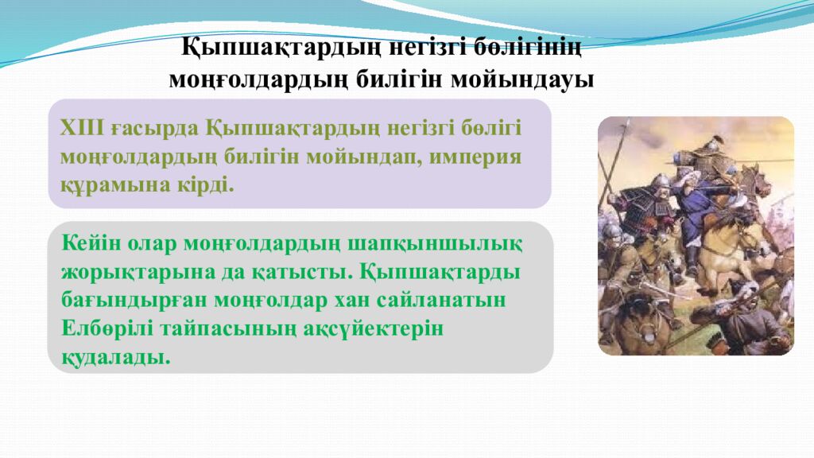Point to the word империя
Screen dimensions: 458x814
click(476, 156)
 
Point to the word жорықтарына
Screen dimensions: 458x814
click(126, 271)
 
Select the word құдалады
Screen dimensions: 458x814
click(116, 357)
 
